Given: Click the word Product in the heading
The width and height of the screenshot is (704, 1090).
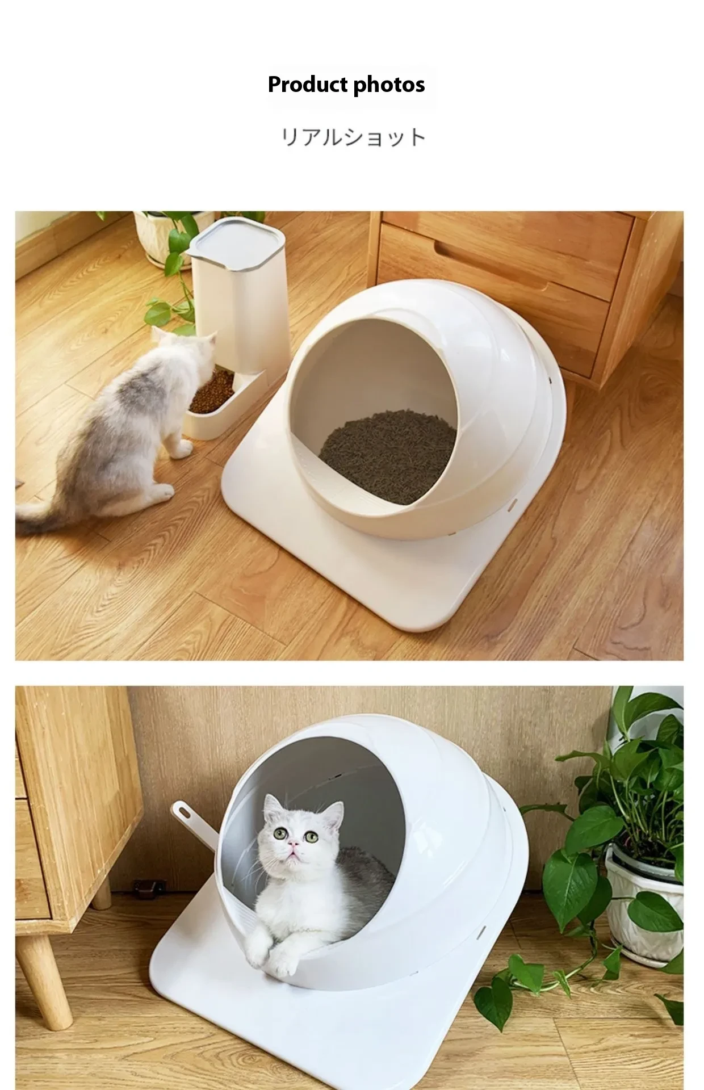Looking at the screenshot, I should coord(307,85).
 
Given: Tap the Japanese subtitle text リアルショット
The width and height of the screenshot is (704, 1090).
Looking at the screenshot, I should coord(353,138).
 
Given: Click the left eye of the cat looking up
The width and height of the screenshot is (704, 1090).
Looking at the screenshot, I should coord(280,833).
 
